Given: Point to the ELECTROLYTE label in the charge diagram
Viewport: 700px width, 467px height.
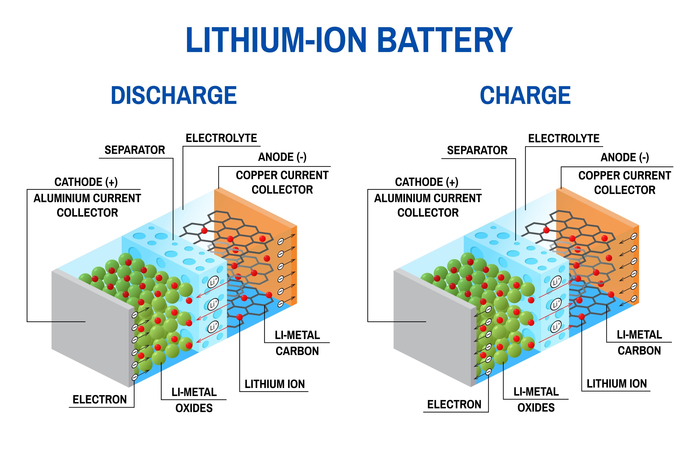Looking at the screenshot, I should coord(563,139).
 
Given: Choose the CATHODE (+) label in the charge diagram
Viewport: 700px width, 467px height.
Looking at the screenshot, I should coord(426,182).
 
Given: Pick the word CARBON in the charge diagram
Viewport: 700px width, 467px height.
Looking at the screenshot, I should coord(639,351).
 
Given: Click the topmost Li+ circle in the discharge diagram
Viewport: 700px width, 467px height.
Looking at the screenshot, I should coord(213,282).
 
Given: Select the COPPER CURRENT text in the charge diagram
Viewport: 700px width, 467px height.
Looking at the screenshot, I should coord(624,175).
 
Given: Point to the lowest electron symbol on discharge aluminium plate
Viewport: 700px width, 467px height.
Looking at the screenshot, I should coord(135,377).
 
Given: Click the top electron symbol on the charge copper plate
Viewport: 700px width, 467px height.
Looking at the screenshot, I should coord(634,236).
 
